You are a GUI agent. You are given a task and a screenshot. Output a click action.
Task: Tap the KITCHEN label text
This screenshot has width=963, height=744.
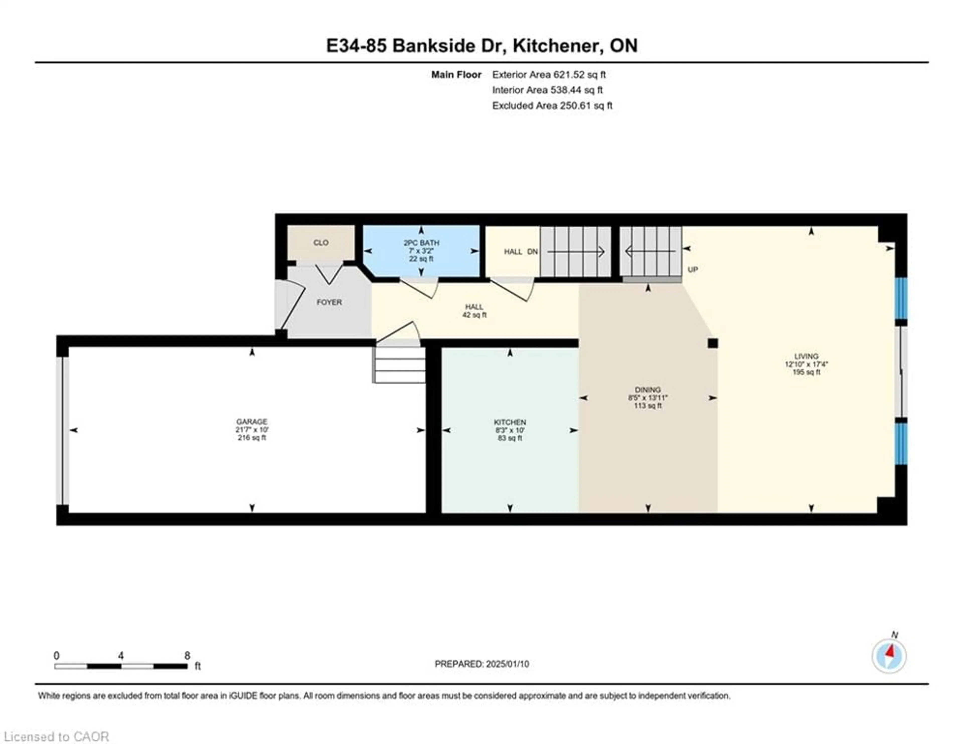[x=510, y=422]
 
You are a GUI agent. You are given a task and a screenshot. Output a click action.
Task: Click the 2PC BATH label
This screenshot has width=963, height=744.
[x=421, y=243]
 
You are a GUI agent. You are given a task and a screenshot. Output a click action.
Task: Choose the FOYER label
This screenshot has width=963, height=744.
[x=329, y=302]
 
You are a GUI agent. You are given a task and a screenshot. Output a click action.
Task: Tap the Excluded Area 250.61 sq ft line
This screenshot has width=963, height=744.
[x=552, y=105]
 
